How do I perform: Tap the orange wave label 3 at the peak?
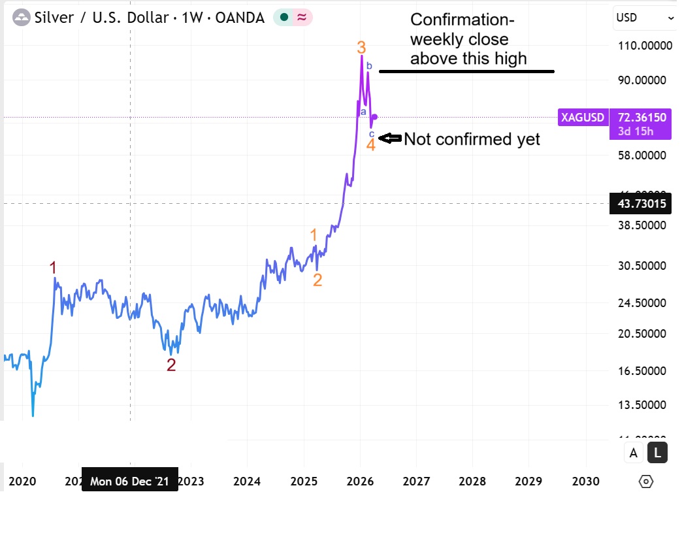361,47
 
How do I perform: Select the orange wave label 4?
370,144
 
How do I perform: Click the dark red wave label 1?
54,267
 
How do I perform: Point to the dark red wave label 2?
171,365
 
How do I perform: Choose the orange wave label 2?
317,280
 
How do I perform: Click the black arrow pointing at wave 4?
390,139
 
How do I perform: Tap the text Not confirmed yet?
472,139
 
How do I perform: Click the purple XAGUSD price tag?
583,118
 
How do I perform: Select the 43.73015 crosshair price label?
641,204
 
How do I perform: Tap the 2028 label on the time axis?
472,482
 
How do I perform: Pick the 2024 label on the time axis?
248,482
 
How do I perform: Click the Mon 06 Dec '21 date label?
129,482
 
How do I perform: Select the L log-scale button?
657,452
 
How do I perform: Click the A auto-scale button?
633,452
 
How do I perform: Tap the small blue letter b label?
369,65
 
